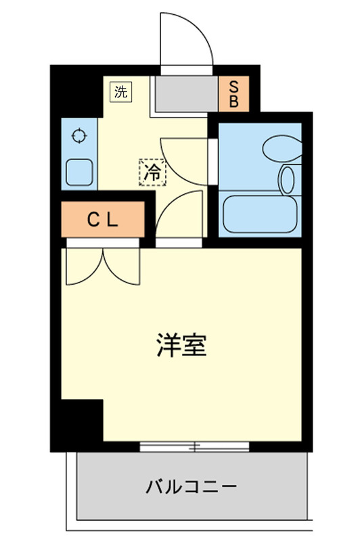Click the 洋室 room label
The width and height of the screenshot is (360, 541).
click(181, 346)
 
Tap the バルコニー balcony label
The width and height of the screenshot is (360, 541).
click(191, 486)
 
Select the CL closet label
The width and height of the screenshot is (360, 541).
click(104, 219)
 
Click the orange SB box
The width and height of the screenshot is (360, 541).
click(234, 95)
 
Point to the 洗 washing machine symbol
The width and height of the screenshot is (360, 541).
click(120, 93)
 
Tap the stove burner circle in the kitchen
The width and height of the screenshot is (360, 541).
click(80, 135)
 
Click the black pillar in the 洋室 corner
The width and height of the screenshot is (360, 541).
click(81, 425)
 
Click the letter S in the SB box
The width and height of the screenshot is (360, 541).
click(234, 87)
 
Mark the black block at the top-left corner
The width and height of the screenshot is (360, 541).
click(74, 88)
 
